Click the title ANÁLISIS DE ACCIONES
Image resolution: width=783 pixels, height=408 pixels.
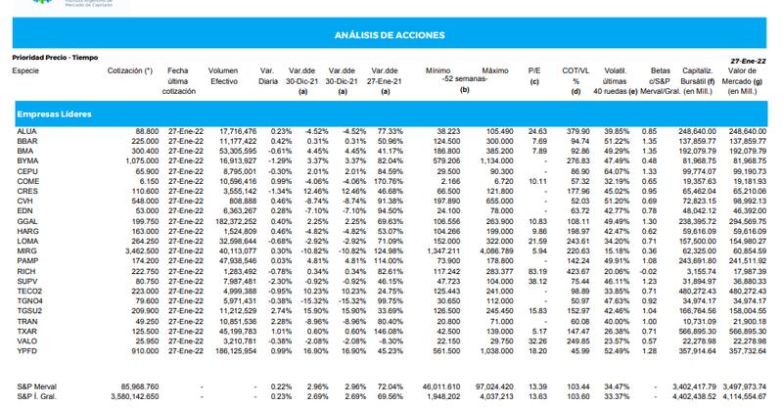click(391, 35)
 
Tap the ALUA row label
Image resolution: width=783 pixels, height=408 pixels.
click(26, 130)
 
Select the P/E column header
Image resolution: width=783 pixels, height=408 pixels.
click(534, 71)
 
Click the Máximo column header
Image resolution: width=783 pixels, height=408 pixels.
click(496, 71)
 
